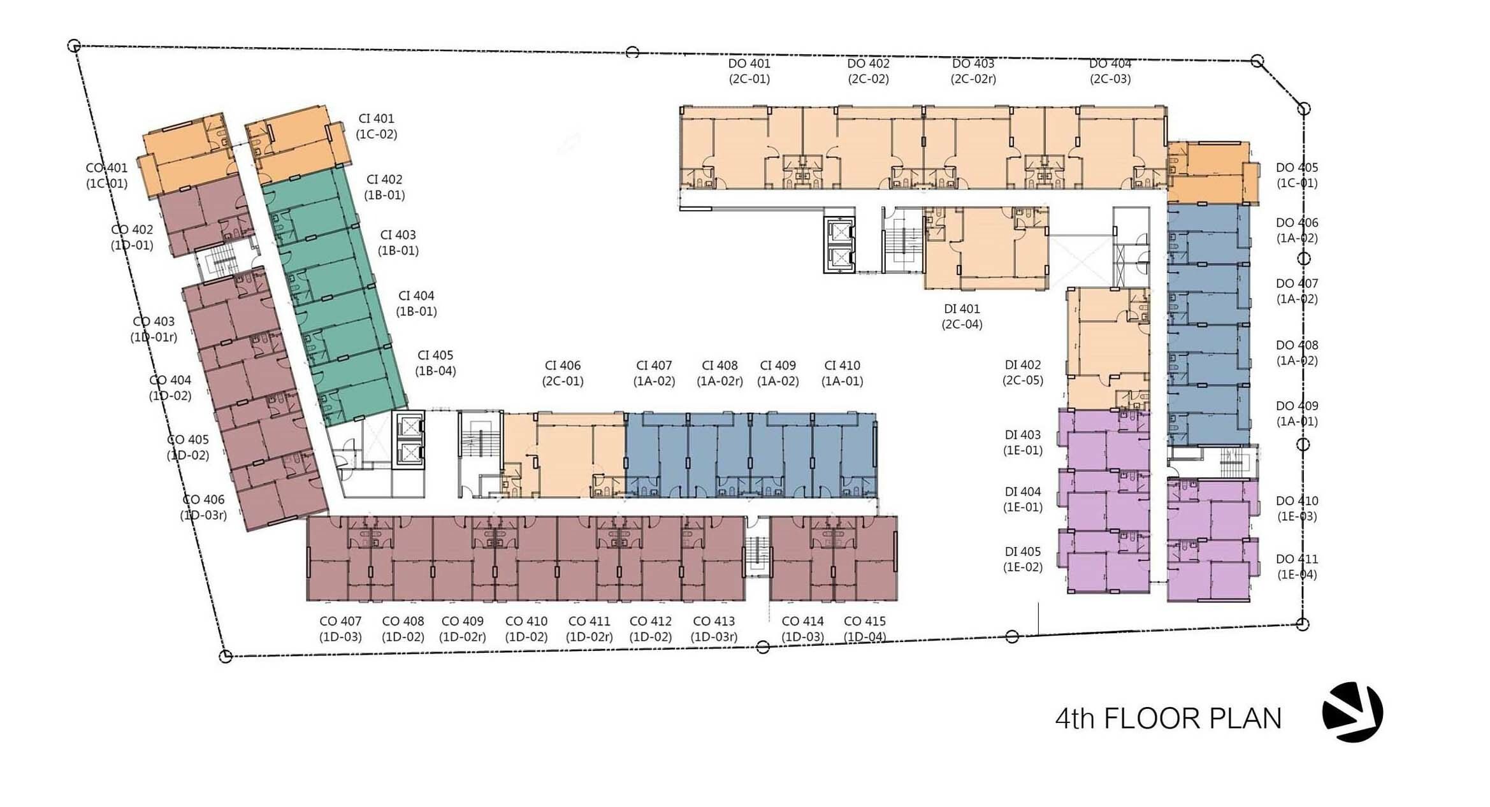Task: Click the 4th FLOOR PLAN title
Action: [x=1168, y=718]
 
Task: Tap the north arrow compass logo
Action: [x=1352, y=712]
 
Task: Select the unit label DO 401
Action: [x=749, y=64]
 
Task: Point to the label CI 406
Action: [x=563, y=366]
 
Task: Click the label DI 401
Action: [x=962, y=309]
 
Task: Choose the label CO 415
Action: [x=865, y=621]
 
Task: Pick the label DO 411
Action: [x=1297, y=559]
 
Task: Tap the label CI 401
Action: [x=376, y=118]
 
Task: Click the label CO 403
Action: [x=154, y=322]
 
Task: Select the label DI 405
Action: [x=1023, y=552]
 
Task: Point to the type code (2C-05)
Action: [x=1023, y=381]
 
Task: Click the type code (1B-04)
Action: [x=435, y=371]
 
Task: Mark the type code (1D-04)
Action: [x=865, y=637]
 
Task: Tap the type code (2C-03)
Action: [x=1110, y=79]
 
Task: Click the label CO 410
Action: [x=526, y=621]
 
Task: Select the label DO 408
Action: [x=1297, y=345]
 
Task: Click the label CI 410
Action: [x=842, y=366]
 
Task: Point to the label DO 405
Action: [x=1297, y=168]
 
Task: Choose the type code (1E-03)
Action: [x=1297, y=517]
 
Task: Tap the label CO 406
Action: [x=203, y=500]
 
